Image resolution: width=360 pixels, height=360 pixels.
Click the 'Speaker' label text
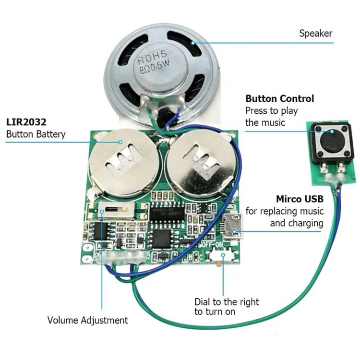[x=315, y=33]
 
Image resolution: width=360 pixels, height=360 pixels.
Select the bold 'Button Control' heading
[x=280, y=99]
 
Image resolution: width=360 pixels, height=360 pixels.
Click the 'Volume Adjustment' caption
[x=87, y=320]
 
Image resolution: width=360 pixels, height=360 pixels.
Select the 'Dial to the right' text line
[x=227, y=302]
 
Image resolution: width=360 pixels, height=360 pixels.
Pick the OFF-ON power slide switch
[x=222, y=257]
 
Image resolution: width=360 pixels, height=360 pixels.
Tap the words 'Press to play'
[x=272, y=111]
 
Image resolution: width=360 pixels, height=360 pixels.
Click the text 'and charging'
[x=297, y=223]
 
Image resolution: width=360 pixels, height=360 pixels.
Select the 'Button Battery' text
[x=36, y=134]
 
